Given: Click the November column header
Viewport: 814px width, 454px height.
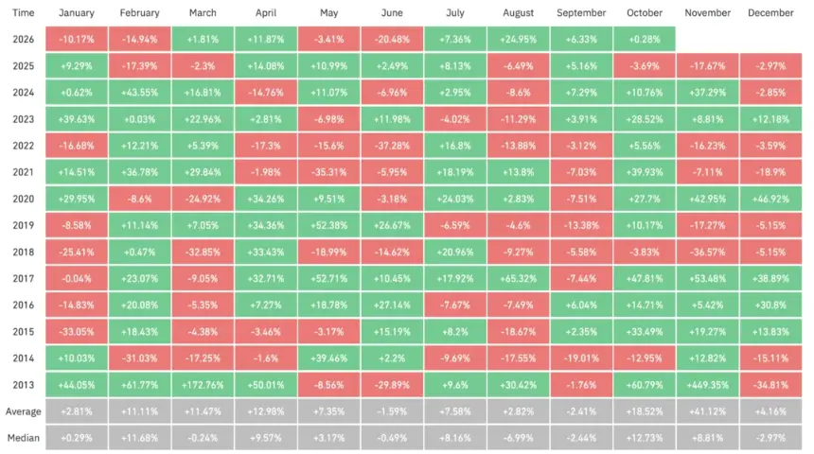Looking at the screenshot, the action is tap(707, 13).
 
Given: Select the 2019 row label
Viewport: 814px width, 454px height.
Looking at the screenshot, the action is tap(24, 225).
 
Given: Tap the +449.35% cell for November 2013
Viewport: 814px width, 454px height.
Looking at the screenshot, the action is tap(707, 385).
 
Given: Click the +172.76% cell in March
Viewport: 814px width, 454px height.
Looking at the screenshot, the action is tap(203, 385).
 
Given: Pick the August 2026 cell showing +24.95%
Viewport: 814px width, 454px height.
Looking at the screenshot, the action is tap(518, 39).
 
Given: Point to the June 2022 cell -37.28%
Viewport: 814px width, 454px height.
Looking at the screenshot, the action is tap(392, 146).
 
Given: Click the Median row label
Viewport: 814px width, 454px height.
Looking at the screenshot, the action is tap(24, 438).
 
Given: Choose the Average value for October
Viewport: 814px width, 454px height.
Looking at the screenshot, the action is tap(645, 411).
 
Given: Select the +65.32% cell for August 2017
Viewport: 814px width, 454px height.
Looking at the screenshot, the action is tap(518, 279).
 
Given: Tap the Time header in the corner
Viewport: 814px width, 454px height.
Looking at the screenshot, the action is tap(24, 13).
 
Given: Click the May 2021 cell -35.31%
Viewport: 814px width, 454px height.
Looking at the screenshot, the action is tap(328, 172).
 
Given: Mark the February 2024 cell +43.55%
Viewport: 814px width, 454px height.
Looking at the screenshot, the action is tap(139, 93).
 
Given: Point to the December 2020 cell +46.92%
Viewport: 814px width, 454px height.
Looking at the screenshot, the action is tap(770, 199).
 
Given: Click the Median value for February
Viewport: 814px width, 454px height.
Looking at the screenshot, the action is tap(139, 438).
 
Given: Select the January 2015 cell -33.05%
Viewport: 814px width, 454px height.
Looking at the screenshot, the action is tap(77, 332).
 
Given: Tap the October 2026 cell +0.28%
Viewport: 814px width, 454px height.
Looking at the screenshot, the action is tap(645, 39).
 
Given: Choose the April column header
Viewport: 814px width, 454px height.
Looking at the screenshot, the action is tap(266, 13).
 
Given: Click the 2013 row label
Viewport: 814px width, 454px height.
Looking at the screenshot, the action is tap(24, 385).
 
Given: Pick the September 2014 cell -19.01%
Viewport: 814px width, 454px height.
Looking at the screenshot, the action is tap(581, 358).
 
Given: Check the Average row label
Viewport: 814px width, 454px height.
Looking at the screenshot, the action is tap(24, 411).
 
